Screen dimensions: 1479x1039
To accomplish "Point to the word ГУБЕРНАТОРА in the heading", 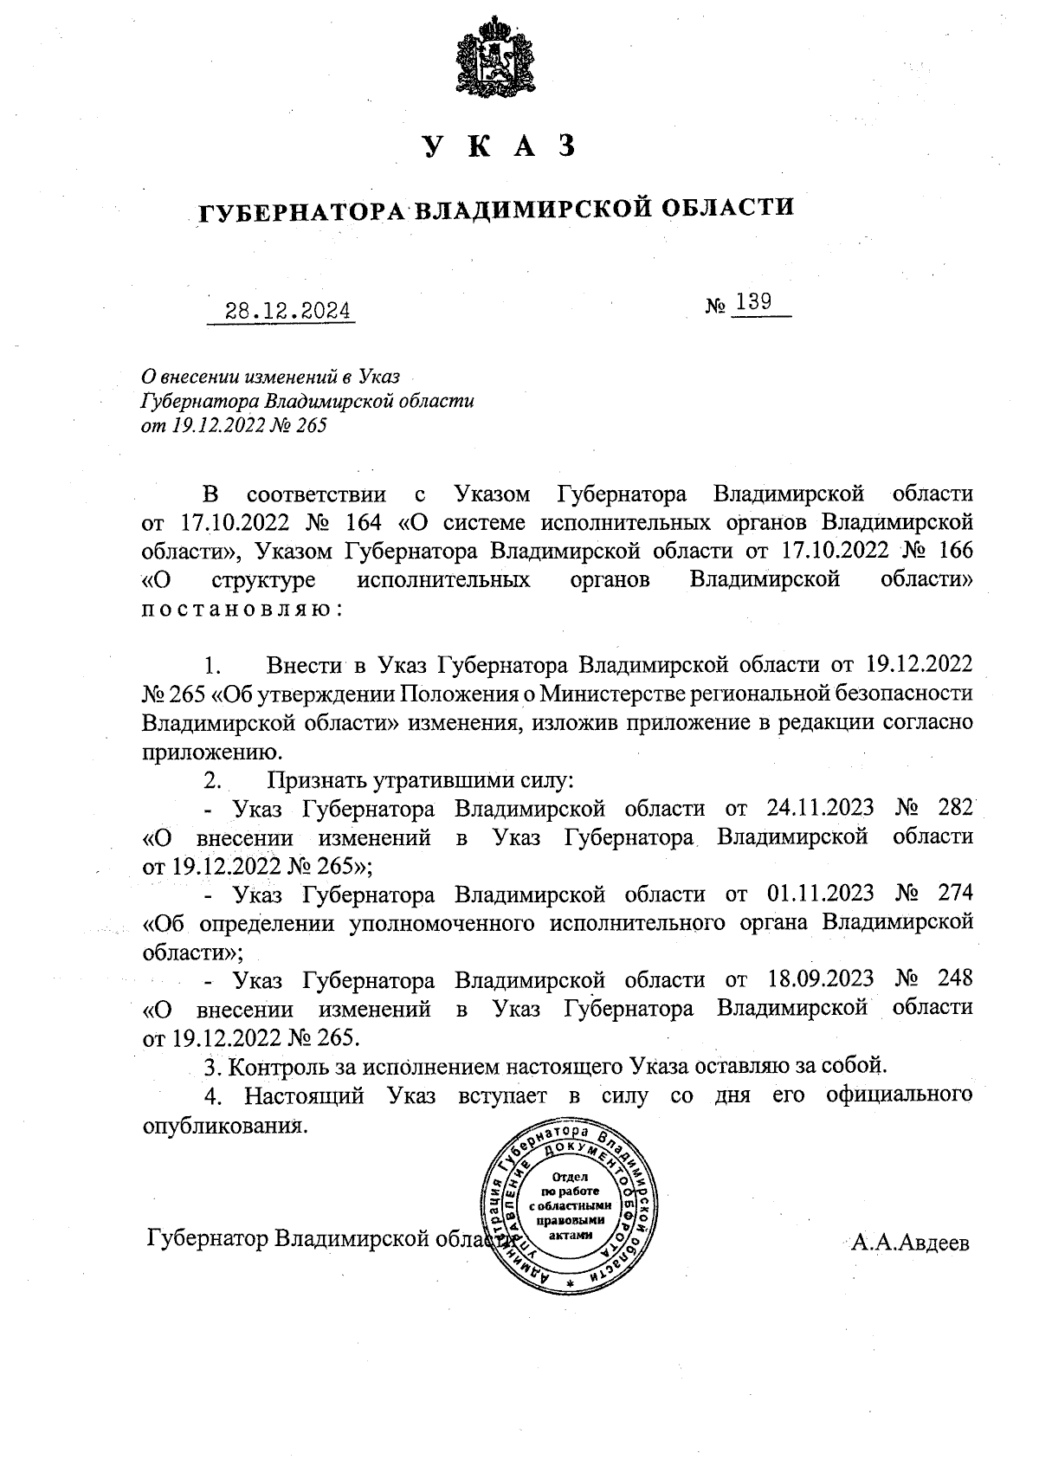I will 302,210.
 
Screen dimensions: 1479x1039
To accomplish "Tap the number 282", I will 955,809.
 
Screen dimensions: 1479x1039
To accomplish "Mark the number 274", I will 955,893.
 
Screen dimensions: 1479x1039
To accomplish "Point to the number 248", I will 955,979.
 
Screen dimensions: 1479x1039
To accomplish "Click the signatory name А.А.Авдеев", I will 910,1243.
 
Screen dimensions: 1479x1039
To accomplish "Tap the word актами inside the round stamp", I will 571,1237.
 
